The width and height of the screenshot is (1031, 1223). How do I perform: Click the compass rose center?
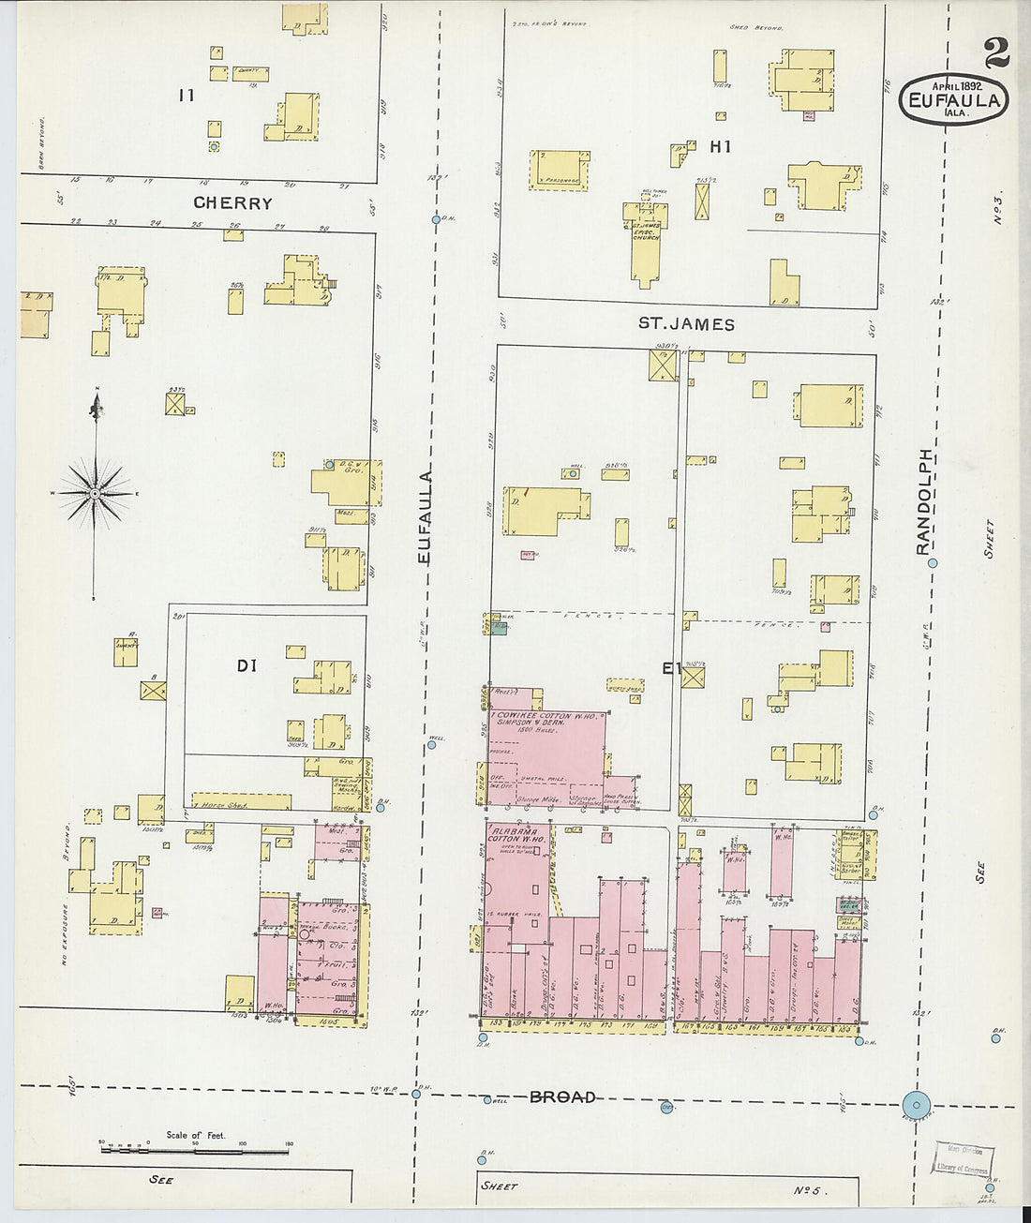[x=95, y=492]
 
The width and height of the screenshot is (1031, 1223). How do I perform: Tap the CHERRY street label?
[x=232, y=202]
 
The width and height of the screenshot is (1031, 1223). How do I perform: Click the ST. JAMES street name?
[x=686, y=324]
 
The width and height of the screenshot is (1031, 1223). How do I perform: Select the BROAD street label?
[x=562, y=1096]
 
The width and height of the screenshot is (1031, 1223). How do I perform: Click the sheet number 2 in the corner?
[x=995, y=54]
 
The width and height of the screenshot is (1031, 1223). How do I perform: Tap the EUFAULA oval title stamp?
[x=954, y=98]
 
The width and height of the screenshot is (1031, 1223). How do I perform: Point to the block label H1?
[x=720, y=146]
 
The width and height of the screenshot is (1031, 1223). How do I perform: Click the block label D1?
[x=247, y=666]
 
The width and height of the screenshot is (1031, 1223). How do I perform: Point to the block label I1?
[x=186, y=95]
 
